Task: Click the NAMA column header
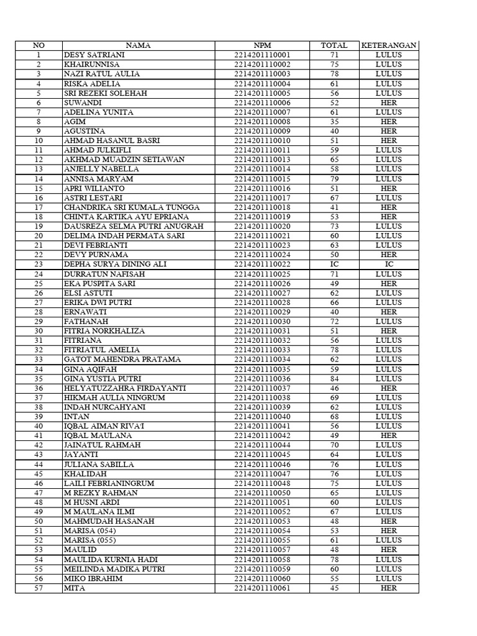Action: pos(138,45)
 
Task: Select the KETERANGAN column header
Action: pos(389,45)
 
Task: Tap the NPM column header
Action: pos(262,45)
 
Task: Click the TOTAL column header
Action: pos(334,45)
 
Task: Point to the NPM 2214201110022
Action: pos(262,264)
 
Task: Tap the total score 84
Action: pos(334,378)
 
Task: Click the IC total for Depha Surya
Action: pos(334,264)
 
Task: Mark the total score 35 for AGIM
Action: pos(334,122)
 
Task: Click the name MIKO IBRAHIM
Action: pos(94,578)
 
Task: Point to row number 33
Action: pos(39,359)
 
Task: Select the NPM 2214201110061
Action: pos(262,588)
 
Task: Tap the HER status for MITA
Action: pos(389,588)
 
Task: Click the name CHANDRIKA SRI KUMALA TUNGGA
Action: pos(131,207)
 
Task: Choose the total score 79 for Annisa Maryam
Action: pos(334,179)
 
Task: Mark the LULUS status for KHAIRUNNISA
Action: pos(389,64)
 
